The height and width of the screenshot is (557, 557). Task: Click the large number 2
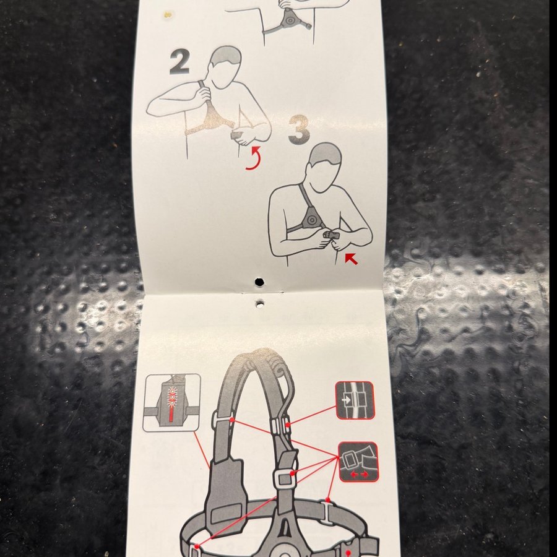pyautogui.click(x=179, y=61)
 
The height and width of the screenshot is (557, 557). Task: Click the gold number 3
pyautogui.click(x=299, y=130)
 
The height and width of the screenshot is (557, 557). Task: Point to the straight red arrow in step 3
pyautogui.click(x=351, y=259)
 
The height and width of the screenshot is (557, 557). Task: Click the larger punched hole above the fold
pyautogui.click(x=259, y=282)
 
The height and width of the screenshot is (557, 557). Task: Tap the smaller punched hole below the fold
pyautogui.click(x=260, y=304)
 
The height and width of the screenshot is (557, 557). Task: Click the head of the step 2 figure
pyautogui.click(x=225, y=67)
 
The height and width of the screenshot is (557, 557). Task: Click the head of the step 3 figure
pyautogui.click(x=324, y=167)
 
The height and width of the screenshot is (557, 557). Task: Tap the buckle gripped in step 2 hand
pyautogui.click(x=237, y=135)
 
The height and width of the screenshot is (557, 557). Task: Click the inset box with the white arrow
pyautogui.click(x=355, y=400)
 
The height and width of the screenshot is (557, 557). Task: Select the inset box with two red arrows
pyautogui.click(x=358, y=462)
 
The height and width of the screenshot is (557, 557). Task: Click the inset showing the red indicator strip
pyautogui.click(x=171, y=402)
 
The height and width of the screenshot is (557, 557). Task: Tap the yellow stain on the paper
pyautogui.click(x=167, y=15)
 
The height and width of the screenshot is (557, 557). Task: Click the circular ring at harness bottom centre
pyautogui.click(x=284, y=553)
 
